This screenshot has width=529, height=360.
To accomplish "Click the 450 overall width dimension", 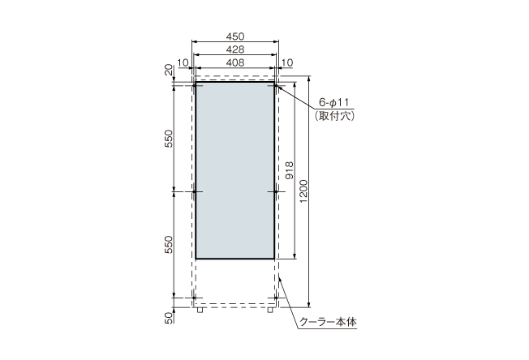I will coord(235,36).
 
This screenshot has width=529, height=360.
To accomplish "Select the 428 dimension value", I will coord(235,49).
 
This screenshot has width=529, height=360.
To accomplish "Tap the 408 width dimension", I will coord(235,62).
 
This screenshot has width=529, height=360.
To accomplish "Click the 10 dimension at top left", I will coord(182,62).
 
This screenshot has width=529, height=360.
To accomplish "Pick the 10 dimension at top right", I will coord(287,62).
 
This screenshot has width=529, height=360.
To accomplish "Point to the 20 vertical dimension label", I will coord(169,71).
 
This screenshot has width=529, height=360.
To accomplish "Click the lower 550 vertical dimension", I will coord(169,246).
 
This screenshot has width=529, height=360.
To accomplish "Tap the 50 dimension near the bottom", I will coord(169,317).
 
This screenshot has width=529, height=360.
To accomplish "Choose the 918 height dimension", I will coord(290,169).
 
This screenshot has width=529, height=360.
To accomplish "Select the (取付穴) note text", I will coord(333,116).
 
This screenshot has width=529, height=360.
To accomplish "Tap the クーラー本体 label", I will coord(328,322).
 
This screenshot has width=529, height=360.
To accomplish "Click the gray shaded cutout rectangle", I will coord(235,169).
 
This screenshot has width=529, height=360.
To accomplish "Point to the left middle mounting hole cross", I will coord(196,192).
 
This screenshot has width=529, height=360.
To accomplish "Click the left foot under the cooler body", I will coord(200,309).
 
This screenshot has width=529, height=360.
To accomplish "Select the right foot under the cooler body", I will coord(271,309).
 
